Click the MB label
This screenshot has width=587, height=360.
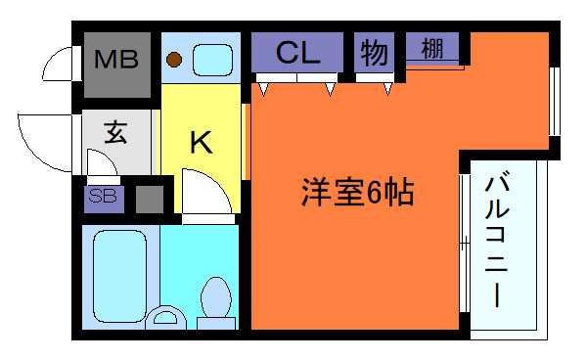[x=116, y=59]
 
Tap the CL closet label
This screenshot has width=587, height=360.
[x=298, y=53]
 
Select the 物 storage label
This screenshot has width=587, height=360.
[x=374, y=53]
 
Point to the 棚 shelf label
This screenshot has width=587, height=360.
[x=432, y=49]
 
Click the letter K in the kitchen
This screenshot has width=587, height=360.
[x=202, y=142]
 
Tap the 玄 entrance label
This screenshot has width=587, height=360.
[x=115, y=132]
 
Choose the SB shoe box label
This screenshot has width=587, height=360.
[x=103, y=196]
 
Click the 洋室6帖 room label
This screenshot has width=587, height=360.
[x=357, y=193]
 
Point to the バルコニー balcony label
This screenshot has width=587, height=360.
[x=497, y=240]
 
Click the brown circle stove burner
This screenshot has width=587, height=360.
[x=174, y=59]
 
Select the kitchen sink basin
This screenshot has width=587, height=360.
[x=212, y=60]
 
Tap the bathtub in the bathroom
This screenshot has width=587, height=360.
[x=119, y=276]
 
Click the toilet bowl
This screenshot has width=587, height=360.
[x=216, y=297]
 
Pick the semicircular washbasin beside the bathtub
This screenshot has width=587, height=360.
[x=165, y=317]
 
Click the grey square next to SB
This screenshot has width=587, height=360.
[x=150, y=200]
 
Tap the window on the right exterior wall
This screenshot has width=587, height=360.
[x=555, y=101]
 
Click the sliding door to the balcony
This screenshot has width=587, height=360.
[x=465, y=243]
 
